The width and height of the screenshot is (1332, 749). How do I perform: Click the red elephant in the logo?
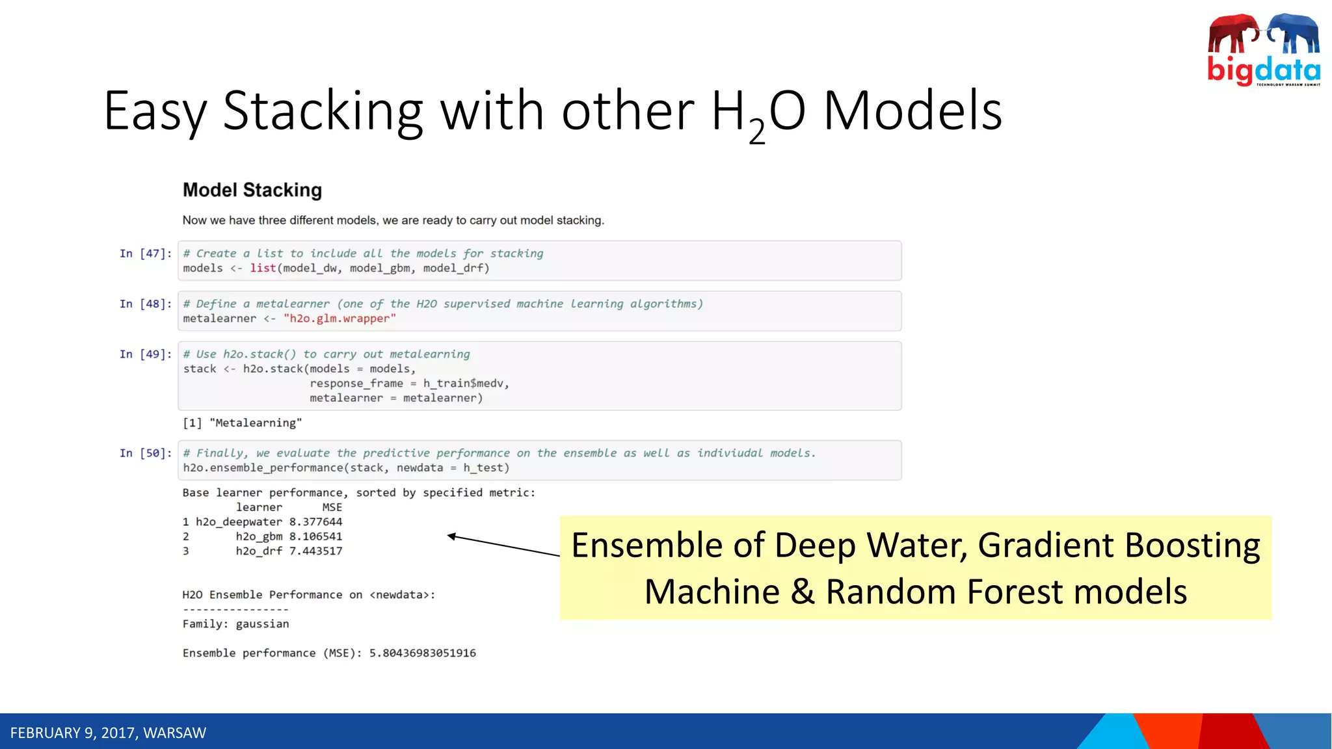[1233, 34]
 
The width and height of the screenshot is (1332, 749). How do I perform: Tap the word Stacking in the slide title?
[323, 111]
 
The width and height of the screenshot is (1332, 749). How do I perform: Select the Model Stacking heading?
[252, 190]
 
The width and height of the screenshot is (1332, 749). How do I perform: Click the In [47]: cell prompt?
[146, 254]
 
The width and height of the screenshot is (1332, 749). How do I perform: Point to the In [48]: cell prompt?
[146, 304]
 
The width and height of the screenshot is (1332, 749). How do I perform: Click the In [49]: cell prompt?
[146, 354]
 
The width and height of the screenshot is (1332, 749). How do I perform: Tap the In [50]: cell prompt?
[146, 453]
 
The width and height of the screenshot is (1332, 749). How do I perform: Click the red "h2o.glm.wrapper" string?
[340, 319]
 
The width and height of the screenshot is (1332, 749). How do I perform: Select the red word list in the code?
[263, 269]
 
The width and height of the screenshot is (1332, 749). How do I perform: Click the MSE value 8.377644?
[315, 522]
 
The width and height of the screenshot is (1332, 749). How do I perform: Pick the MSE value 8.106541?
[315, 536]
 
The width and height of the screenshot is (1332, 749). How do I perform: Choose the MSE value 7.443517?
[315, 551]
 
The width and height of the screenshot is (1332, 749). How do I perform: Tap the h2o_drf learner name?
[259, 551]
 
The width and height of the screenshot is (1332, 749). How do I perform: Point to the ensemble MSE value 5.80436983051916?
[423, 653]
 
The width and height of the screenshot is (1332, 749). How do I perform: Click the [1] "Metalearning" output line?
[242, 423]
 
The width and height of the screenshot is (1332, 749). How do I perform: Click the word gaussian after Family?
[262, 624]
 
